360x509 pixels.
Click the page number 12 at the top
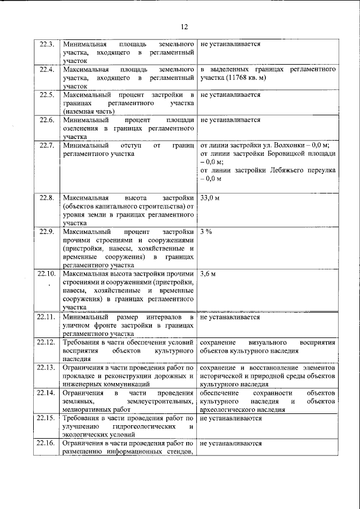(183, 26)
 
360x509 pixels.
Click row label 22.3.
(46, 43)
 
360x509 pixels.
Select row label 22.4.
(46, 69)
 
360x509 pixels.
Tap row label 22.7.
(46, 145)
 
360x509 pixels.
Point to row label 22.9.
(46, 231)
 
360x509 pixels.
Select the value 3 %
(206, 231)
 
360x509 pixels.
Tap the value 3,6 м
(209, 273)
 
